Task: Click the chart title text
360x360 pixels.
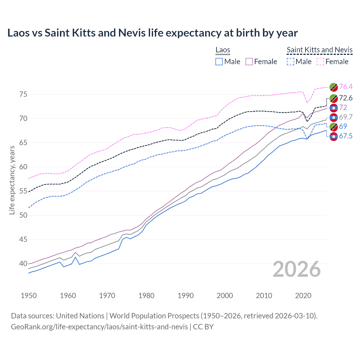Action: pos(152,33)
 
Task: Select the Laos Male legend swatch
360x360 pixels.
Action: pos(219,62)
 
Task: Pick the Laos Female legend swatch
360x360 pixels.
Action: pos(249,62)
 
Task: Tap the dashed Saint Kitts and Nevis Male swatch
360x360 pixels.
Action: pos(290,62)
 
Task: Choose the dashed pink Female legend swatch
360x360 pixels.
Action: pos(320,62)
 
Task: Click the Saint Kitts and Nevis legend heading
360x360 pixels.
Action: pos(319,50)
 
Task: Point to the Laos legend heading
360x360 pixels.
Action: pos(223,50)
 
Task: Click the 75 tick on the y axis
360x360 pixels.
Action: pos(23,94)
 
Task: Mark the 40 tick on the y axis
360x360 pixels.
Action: pos(23,264)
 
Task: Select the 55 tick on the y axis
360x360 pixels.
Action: pos(23,191)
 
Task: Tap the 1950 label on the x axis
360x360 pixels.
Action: pos(29,296)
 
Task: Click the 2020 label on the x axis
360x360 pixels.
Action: pos(303,296)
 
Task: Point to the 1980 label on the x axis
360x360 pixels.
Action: pos(146,296)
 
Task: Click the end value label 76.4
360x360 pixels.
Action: pos(346,87)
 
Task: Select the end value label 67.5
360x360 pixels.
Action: pos(346,136)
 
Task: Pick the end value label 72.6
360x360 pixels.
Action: pos(346,98)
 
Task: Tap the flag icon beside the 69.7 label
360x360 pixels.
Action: pos(334,117)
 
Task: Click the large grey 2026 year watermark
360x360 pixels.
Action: pos(297,269)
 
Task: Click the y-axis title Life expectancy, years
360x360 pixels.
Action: pos(12,180)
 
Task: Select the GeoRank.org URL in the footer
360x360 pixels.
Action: pos(99,327)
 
